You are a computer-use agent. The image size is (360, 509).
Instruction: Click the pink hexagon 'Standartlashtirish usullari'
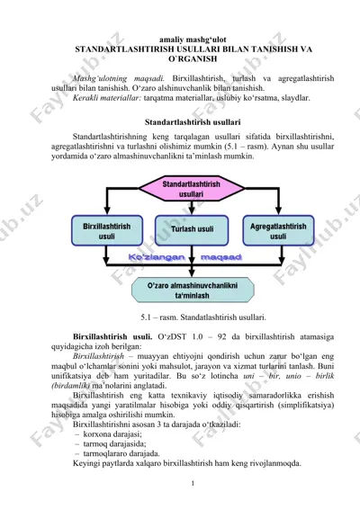pyautogui.click(x=192, y=189)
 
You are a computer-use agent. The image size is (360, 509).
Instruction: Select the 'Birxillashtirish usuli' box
pyautogui.click(x=107, y=230)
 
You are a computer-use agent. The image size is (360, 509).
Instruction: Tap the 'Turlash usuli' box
pyautogui.click(x=192, y=230)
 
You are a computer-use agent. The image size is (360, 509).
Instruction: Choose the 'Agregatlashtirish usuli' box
pyautogui.click(x=278, y=230)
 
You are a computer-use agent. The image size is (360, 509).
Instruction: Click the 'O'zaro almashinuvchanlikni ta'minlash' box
pyautogui.click(x=193, y=290)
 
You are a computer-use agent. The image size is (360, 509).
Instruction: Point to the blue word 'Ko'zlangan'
pyautogui.click(x=157, y=257)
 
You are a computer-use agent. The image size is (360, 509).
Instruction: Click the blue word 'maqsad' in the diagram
pyautogui.click(x=221, y=257)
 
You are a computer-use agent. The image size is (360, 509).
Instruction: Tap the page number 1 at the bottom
pyautogui.click(x=193, y=483)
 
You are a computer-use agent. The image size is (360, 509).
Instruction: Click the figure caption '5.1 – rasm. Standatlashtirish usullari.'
pyautogui.click(x=203, y=317)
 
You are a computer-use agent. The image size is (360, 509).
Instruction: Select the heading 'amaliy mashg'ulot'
pyautogui.click(x=193, y=40)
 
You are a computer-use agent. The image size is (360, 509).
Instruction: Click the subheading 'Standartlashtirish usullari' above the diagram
pyautogui.click(x=193, y=122)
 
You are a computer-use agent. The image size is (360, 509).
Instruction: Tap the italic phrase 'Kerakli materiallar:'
pyautogui.click(x=107, y=98)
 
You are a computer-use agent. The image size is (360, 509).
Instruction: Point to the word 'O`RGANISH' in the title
pyautogui.click(x=193, y=59)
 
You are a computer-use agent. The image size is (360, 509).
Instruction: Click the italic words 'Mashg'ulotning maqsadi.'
pyautogui.click(x=119, y=78)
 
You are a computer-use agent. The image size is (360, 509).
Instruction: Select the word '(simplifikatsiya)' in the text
pyautogui.click(x=306, y=405)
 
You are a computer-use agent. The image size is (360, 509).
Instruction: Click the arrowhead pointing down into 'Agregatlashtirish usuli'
pyautogui.click(x=278, y=210)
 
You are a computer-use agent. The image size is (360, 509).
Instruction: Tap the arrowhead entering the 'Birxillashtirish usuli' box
pyautogui.click(x=107, y=210)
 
